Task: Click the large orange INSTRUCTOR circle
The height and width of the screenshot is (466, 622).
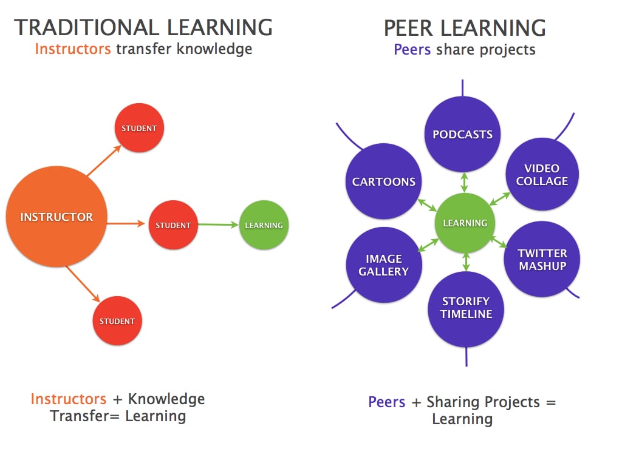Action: (56, 217)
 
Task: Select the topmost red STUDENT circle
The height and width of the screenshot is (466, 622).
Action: (139, 128)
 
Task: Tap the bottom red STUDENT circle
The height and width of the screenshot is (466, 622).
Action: (117, 320)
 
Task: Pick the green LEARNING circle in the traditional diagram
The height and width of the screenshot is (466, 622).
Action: (264, 225)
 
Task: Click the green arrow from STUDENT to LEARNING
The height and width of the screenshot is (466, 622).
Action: (218, 225)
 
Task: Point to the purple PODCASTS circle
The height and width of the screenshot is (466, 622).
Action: (462, 134)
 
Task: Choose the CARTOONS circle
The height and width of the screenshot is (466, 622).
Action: (383, 181)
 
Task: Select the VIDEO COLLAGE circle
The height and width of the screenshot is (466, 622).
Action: (542, 175)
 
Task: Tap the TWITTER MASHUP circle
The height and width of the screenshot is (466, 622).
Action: (542, 259)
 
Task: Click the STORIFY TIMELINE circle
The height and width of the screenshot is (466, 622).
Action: (466, 308)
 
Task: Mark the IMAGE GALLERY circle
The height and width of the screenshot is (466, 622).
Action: (383, 265)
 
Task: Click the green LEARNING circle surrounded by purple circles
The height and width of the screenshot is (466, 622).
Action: (465, 223)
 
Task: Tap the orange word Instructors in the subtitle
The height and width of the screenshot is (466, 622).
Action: (73, 49)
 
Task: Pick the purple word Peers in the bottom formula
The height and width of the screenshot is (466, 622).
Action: (386, 402)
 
